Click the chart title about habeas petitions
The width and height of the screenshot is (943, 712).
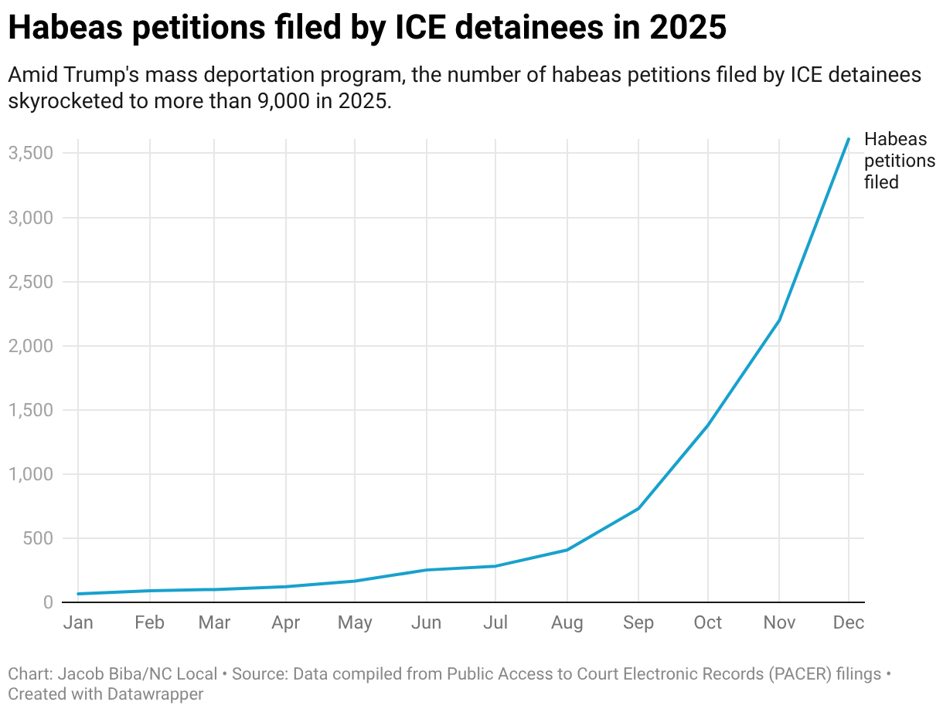coord(367,28)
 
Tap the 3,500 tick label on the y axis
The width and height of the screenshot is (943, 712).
coord(31,153)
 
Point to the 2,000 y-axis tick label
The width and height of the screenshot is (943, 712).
coord(31,346)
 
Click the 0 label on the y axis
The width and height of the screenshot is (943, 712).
coord(48,602)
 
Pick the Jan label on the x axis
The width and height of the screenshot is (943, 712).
coord(78,622)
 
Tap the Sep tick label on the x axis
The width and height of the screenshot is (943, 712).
coord(638,622)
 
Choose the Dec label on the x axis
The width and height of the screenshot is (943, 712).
coord(849,622)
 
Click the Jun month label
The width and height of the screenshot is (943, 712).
coord(426,622)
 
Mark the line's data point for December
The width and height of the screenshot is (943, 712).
coord(849,139)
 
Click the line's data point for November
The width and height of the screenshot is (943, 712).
coord(778,320)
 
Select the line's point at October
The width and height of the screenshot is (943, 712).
coord(707,426)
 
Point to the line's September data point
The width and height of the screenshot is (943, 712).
coord(638,508)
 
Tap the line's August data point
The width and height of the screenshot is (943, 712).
coord(567,550)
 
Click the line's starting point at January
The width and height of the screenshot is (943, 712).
coord(78,594)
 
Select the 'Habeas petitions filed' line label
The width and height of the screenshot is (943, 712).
coord(899,161)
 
